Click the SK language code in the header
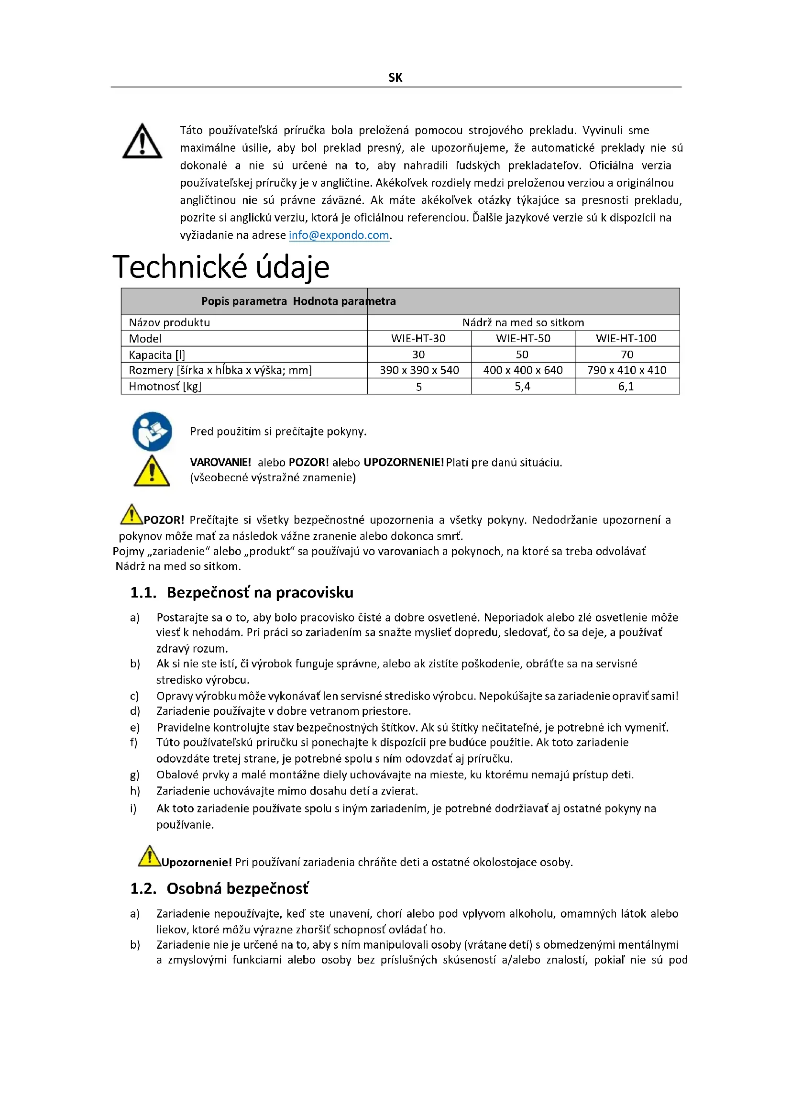coord(395,78)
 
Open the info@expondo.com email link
coord(339,235)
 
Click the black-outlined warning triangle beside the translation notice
coord(142,141)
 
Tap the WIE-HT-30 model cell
coord(418,338)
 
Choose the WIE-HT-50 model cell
coord(523,338)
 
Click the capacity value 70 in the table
coord(627,355)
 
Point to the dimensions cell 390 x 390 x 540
coord(419,370)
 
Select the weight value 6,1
coord(626,387)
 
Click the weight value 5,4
coord(522,387)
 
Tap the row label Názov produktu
coord(169,322)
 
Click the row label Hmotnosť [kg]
coord(165,387)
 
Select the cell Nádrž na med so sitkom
coord(523,322)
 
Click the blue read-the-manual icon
coord(152,432)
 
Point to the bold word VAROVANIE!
coord(220,462)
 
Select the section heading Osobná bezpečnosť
coord(238,888)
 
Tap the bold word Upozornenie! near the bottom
coord(196,862)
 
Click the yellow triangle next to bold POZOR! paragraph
coord(131,515)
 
